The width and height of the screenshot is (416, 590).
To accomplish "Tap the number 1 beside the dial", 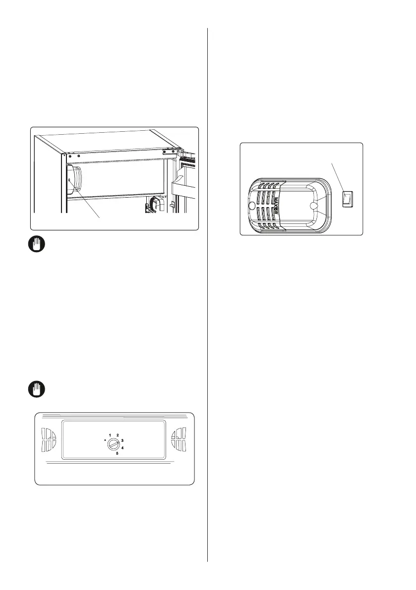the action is click(110, 435).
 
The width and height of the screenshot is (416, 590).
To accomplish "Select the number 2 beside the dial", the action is click(118, 435).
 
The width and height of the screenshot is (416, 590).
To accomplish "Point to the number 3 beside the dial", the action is click(122, 440).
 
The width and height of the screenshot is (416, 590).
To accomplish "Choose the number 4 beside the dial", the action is click(122, 448).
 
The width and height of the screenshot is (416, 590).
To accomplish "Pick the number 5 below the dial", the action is click(118, 453).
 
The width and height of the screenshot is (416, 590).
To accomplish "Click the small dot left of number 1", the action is click(105, 439).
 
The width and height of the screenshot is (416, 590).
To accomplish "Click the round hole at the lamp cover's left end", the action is click(252, 205).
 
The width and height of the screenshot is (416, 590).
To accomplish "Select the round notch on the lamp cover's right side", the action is click(313, 205).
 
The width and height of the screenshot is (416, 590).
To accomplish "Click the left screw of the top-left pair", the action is click(70, 156).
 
